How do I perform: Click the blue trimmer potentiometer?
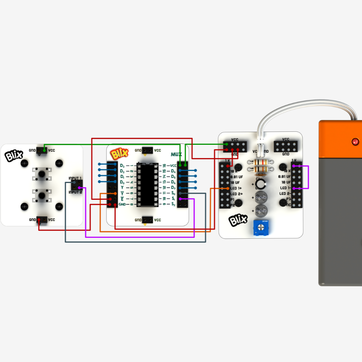click(260, 228)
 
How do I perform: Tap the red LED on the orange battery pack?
click(355, 142)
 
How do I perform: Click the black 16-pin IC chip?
click(147, 184)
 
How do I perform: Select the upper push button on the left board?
click(42, 174)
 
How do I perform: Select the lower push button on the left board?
click(42, 195)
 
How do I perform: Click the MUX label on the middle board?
click(176, 154)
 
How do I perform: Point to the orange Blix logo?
click(120, 154)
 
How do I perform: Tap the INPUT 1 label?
click(75, 178)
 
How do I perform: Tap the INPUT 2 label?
click(75, 192)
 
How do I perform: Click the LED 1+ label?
click(237, 188)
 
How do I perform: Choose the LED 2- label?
click(285, 193)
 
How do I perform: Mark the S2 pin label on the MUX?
click(173, 204)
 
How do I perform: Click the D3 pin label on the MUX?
click(122, 165)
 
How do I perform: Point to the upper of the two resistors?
click(260, 162)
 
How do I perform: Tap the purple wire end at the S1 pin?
click(180, 199)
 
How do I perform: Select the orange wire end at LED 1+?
click(227, 188)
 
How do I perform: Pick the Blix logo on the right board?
click(238, 220)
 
